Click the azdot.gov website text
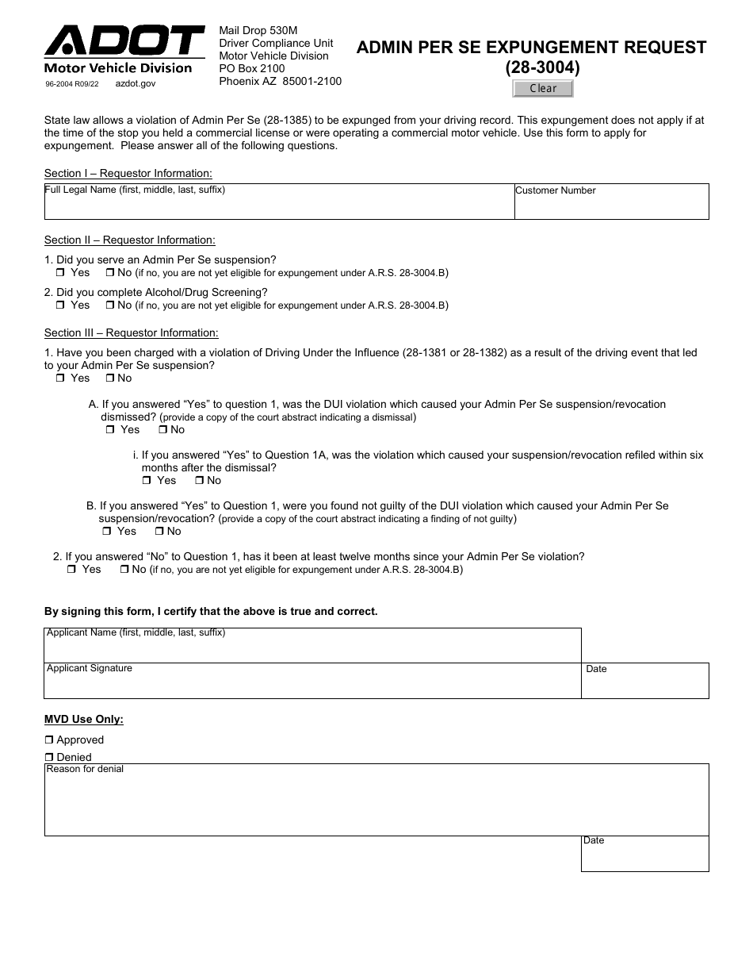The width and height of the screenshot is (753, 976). [x=136, y=83]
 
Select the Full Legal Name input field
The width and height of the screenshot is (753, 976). [x=279, y=205]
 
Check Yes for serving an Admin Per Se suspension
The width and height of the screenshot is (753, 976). [x=61, y=273]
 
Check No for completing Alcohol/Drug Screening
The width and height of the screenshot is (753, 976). [x=110, y=305]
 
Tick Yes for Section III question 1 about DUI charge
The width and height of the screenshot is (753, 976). [x=61, y=378]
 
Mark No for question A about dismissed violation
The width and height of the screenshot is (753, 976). [x=162, y=430]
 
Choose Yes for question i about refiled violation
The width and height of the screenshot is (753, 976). [x=147, y=481]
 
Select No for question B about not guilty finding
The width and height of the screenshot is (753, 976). [x=159, y=532]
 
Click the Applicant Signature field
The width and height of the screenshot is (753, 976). [x=312, y=684]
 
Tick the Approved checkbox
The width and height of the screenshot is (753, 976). [x=49, y=740]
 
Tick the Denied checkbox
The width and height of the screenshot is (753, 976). [x=49, y=758]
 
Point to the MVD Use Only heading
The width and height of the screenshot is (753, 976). [x=84, y=720]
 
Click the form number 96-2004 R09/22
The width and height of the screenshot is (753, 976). [x=72, y=83]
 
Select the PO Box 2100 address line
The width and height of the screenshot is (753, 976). [x=251, y=69]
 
